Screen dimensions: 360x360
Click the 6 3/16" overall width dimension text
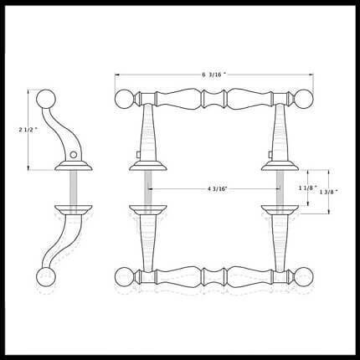213,75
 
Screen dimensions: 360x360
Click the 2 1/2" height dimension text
28,130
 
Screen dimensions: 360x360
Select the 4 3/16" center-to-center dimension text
218,188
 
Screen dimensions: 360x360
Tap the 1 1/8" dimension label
308,188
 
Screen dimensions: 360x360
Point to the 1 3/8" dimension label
329,192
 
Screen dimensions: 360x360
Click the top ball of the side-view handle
46,99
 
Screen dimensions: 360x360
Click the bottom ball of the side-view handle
46,276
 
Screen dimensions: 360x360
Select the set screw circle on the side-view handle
73,154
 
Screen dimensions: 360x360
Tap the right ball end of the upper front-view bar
304,99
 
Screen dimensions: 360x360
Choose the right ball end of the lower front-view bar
304,277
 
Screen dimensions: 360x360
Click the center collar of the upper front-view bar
214,99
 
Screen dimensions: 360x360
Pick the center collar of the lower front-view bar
214,277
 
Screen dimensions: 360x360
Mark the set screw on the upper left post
137,154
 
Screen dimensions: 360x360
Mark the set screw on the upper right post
270,154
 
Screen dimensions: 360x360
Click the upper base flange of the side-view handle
73,166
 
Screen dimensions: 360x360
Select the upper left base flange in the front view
148,166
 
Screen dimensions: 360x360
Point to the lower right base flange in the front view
280,210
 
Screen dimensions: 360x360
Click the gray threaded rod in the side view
73,188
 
